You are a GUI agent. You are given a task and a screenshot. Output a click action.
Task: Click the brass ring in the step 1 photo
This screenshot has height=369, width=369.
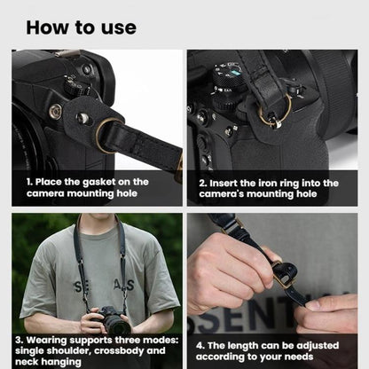point(107,135)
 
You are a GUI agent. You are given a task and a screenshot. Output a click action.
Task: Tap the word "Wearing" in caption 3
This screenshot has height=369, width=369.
point(56,339)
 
